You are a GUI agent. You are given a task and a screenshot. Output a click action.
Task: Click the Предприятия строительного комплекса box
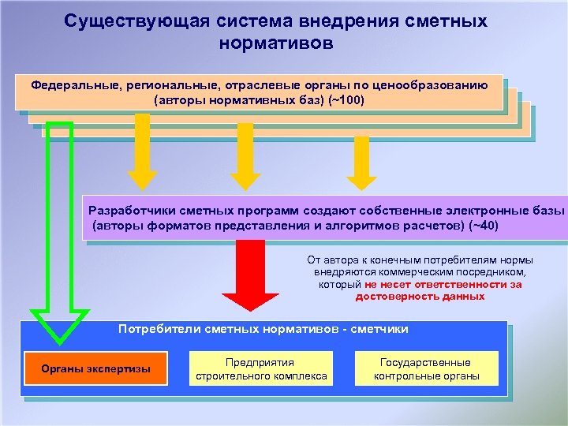261,368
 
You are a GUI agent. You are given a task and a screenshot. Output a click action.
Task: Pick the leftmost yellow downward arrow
142,150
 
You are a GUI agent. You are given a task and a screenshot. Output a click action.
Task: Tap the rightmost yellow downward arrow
362,162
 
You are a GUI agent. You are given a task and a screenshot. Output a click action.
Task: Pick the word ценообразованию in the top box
437,85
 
